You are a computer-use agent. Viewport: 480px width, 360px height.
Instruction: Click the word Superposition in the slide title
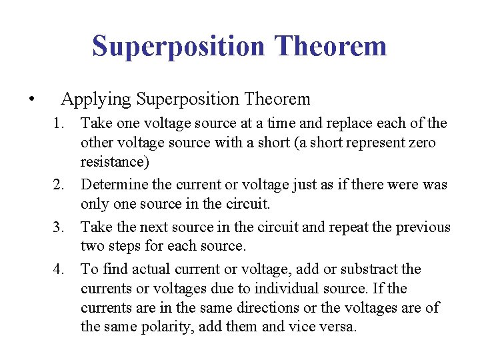[x=179, y=47]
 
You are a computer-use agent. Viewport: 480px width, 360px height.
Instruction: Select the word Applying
[x=96, y=100]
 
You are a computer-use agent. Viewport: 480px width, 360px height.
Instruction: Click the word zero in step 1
[x=421, y=143]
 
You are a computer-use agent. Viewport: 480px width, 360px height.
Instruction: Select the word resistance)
[x=115, y=162]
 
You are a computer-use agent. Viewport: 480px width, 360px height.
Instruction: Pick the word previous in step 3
[x=423, y=227]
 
